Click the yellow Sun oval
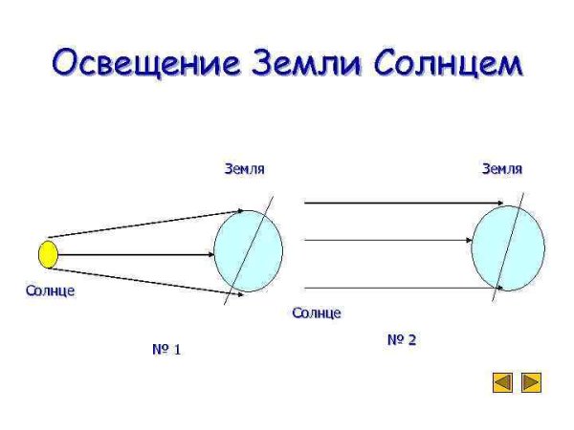pyautogui.click(x=48, y=254)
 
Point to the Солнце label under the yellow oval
pyautogui.click(x=50, y=290)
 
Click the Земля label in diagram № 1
pyautogui.click(x=244, y=169)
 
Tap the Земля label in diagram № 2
pyautogui.click(x=501, y=169)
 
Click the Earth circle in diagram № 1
pyautogui.click(x=248, y=251)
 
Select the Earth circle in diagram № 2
pyautogui.click(x=508, y=248)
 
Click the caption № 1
pyautogui.click(x=166, y=350)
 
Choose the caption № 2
pyautogui.click(x=402, y=339)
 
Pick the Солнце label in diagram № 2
pyautogui.click(x=317, y=312)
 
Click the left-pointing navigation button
pyautogui.click(x=502, y=383)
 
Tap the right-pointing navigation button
pyautogui.click(x=531, y=383)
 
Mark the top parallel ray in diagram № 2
pyautogui.click(x=402, y=203)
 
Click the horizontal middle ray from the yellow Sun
pyautogui.click(x=134, y=254)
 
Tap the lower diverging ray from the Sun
pyautogui.click(x=134, y=278)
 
